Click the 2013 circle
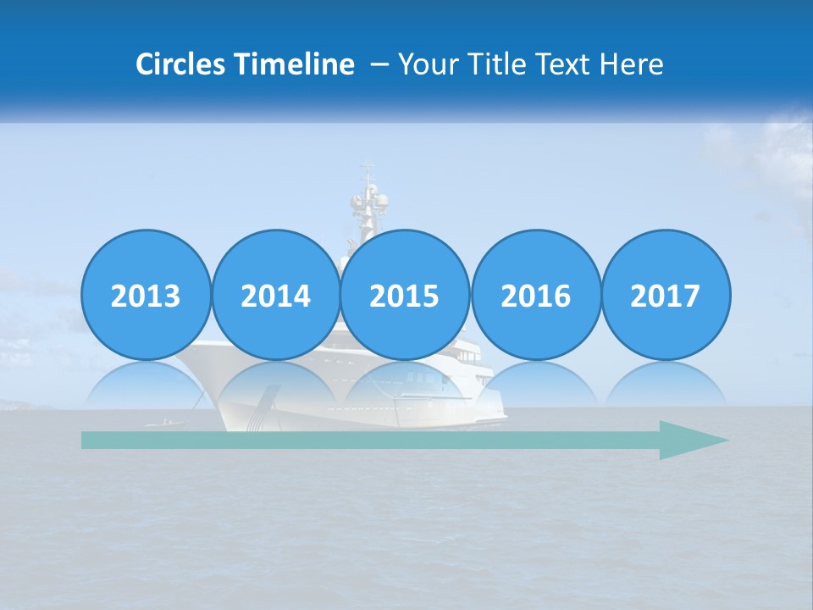tap(146, 296)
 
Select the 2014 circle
tap(275, 296)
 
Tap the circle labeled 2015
tap(405, 296)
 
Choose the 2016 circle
tap(535, 296)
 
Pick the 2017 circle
tap(665, 296)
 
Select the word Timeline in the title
tap(296, 64)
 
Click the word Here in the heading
tap(632, 64)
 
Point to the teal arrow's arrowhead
tap(694, 441)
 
